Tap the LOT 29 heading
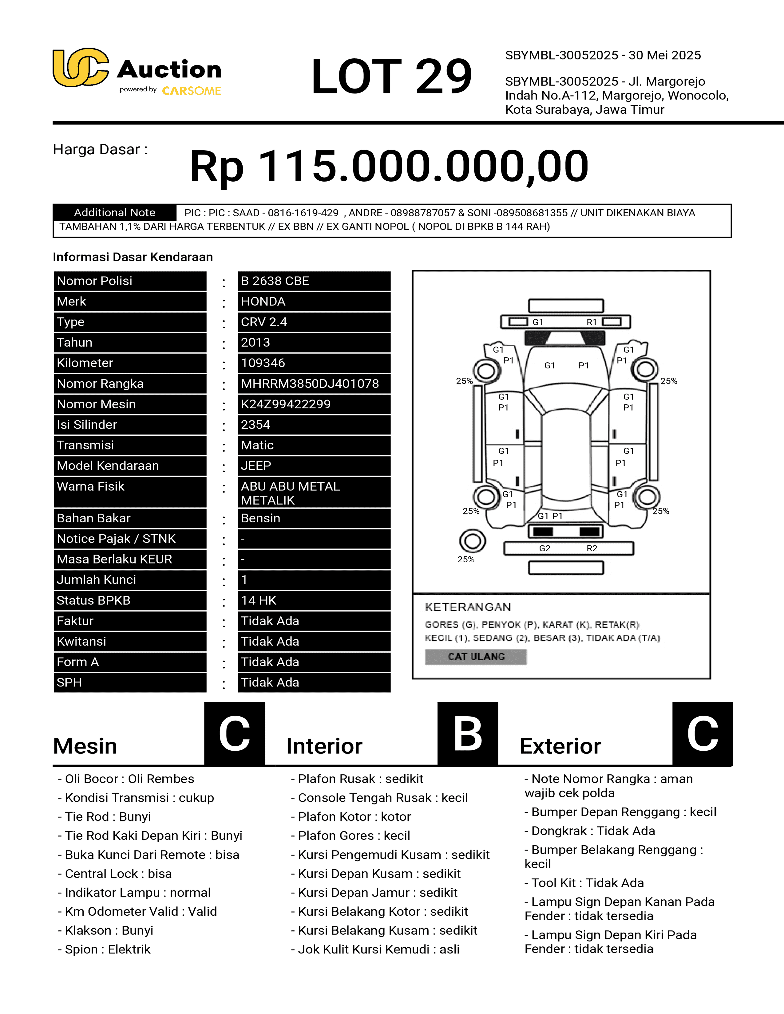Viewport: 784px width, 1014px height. click(x=391, y=76)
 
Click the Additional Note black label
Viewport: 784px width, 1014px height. click(x=114, y=213)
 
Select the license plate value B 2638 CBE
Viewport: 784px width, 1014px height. click(x=275, y=281)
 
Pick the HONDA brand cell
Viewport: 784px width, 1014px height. click(x=263, y=301)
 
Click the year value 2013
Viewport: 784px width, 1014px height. click(x=255, y=342)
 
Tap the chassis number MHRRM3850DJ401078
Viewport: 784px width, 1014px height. click(x=310, y=383)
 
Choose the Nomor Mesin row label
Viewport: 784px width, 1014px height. click(x=96, y=404)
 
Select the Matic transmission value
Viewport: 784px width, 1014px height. click(x=257, y=445)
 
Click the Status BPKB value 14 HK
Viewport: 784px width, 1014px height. click(x=259, y=600)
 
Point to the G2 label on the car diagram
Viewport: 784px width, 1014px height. click(x=545, y=548)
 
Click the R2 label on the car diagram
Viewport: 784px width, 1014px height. click(x=592, y=548)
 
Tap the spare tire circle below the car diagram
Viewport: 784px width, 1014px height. click(x=472, y=541)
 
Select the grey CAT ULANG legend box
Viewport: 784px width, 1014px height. click(x=476, y=657)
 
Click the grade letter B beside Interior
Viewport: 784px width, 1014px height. click(x=467, y=733)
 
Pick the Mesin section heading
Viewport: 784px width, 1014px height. click(x=85, y=746)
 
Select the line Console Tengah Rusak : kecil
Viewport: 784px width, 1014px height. click(x=383, y=798)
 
